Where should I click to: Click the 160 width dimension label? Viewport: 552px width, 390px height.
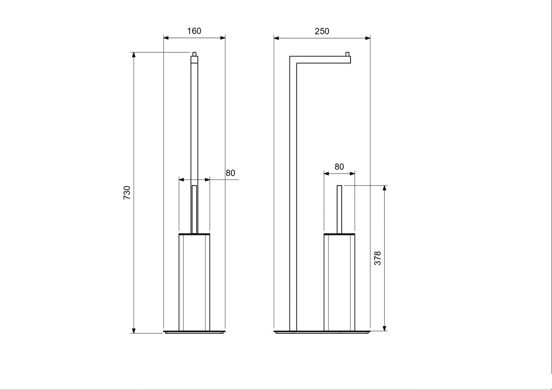pyautogui.click(x=194, y=31)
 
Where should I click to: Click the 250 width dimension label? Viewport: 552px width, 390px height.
pyautogui.click(x=322, y=31)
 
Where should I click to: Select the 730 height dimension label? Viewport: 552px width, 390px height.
pyautogui.click(x=127, y=193)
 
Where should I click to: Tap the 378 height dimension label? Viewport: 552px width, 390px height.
pyautogui.click(x=378, y=258)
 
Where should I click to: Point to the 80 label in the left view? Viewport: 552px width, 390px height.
pyautogui.click(x=230, y=173)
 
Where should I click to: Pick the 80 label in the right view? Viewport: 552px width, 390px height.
pyautogui.click(x=339, y=167)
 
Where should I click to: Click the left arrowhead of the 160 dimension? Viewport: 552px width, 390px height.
pyautogui.click(x=166, y=38)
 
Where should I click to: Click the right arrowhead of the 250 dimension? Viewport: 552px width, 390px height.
pyautogui.click(x=367, y=38)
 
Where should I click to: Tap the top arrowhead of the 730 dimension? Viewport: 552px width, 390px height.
pyautogui.click(x=134, y=55)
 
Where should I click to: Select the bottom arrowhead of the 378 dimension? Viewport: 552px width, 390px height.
pyautogui.click(x=384, y=328)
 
